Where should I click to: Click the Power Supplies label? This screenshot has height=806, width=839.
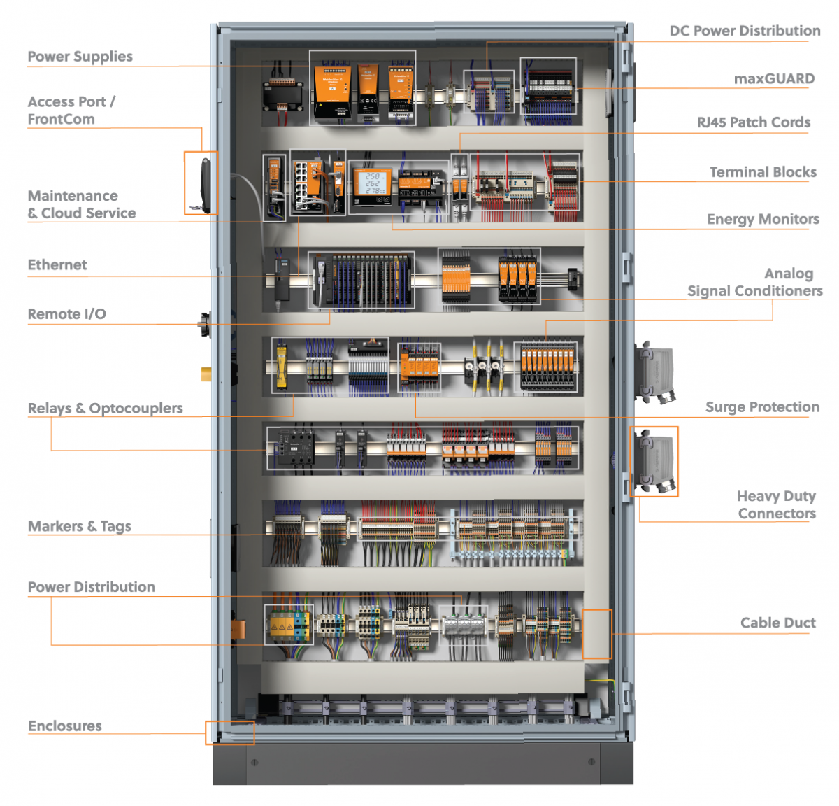80,57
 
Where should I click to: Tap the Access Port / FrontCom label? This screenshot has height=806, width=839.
71,111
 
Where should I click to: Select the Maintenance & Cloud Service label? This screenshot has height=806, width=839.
82,204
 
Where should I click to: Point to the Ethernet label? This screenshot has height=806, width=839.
57,265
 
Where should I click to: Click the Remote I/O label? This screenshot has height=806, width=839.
66,314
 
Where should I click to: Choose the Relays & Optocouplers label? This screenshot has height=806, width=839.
106,409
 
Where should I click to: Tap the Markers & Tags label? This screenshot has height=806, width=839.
80,526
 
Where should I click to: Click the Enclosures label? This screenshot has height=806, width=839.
65,726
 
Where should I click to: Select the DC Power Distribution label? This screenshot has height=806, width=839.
745,31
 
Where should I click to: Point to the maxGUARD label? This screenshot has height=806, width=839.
774,79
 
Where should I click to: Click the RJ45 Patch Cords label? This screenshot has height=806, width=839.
753,122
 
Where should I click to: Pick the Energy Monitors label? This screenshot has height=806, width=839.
762,220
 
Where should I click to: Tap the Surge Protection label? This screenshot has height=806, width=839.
761,407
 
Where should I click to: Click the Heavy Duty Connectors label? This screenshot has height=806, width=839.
776,504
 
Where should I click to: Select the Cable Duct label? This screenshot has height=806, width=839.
777,623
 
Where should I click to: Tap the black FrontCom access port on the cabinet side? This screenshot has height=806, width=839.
206,183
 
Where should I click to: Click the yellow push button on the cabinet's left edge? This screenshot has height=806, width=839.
206,374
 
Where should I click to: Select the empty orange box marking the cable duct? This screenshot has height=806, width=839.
596,634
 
